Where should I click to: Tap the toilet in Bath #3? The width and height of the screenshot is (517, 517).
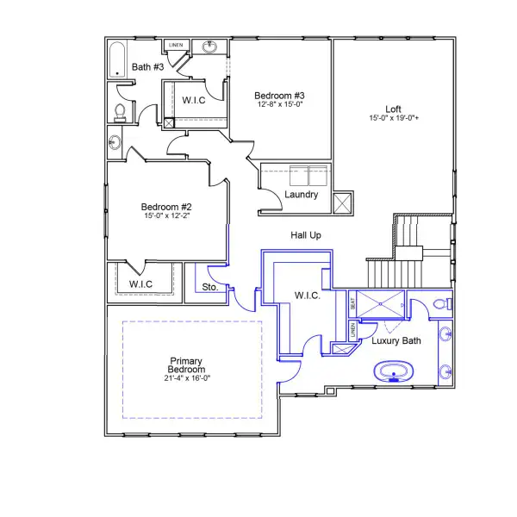pos(120,111)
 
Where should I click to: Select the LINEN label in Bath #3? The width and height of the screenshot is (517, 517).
pos(176,44)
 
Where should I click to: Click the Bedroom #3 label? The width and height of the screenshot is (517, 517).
pos(279,95)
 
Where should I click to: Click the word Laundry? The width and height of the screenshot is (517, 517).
pos(301,195)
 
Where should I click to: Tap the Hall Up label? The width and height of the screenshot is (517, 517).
pos(305,234)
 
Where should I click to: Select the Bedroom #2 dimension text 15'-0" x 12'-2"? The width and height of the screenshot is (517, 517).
pos(165,217)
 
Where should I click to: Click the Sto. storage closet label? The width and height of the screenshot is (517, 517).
pos(209,287)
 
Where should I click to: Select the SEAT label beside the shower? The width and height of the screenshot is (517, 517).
pos(352,304)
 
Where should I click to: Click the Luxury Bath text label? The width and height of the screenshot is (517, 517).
pos(396,341)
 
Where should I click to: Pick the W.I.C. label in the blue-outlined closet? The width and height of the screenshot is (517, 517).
pos(308,296)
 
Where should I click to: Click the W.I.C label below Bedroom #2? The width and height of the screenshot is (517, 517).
pos(140,283)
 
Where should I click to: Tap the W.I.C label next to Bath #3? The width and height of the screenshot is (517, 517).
pos(194,100)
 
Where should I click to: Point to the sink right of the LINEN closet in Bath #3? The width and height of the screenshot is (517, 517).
pos(209,47)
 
